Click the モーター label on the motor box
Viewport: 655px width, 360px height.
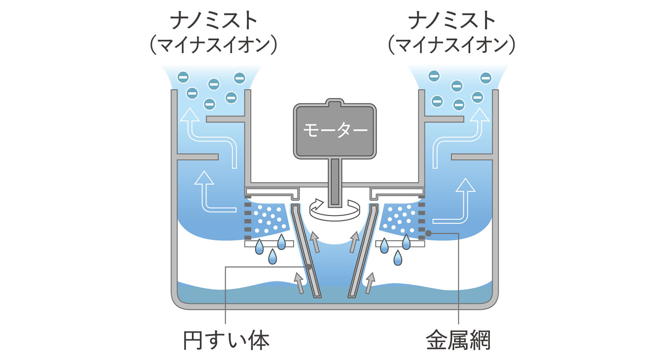pyautogui.click(x=335, y=130)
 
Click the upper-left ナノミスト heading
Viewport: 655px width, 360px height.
pyautogui.click(x=214, y=20)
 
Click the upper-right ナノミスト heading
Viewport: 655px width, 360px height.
pyautogui.click(x=452, y=20)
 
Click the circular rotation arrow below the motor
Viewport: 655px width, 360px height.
pyautogui.click(x=335, y=209)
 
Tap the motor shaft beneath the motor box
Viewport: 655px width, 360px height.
pyautogui.click(x=335, y=180)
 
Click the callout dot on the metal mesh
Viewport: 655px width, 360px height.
pyautogui.click(x=428, y=233)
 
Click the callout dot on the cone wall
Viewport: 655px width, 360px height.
pyautogui.click(x=309, y=267)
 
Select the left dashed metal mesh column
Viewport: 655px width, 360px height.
pyautogui.click(x=247, y=221)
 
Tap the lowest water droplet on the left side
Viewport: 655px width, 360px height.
pyautogui.click(x=272, y=257)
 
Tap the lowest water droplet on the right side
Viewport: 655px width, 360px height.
pyautogui.click(x=398, y=258)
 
